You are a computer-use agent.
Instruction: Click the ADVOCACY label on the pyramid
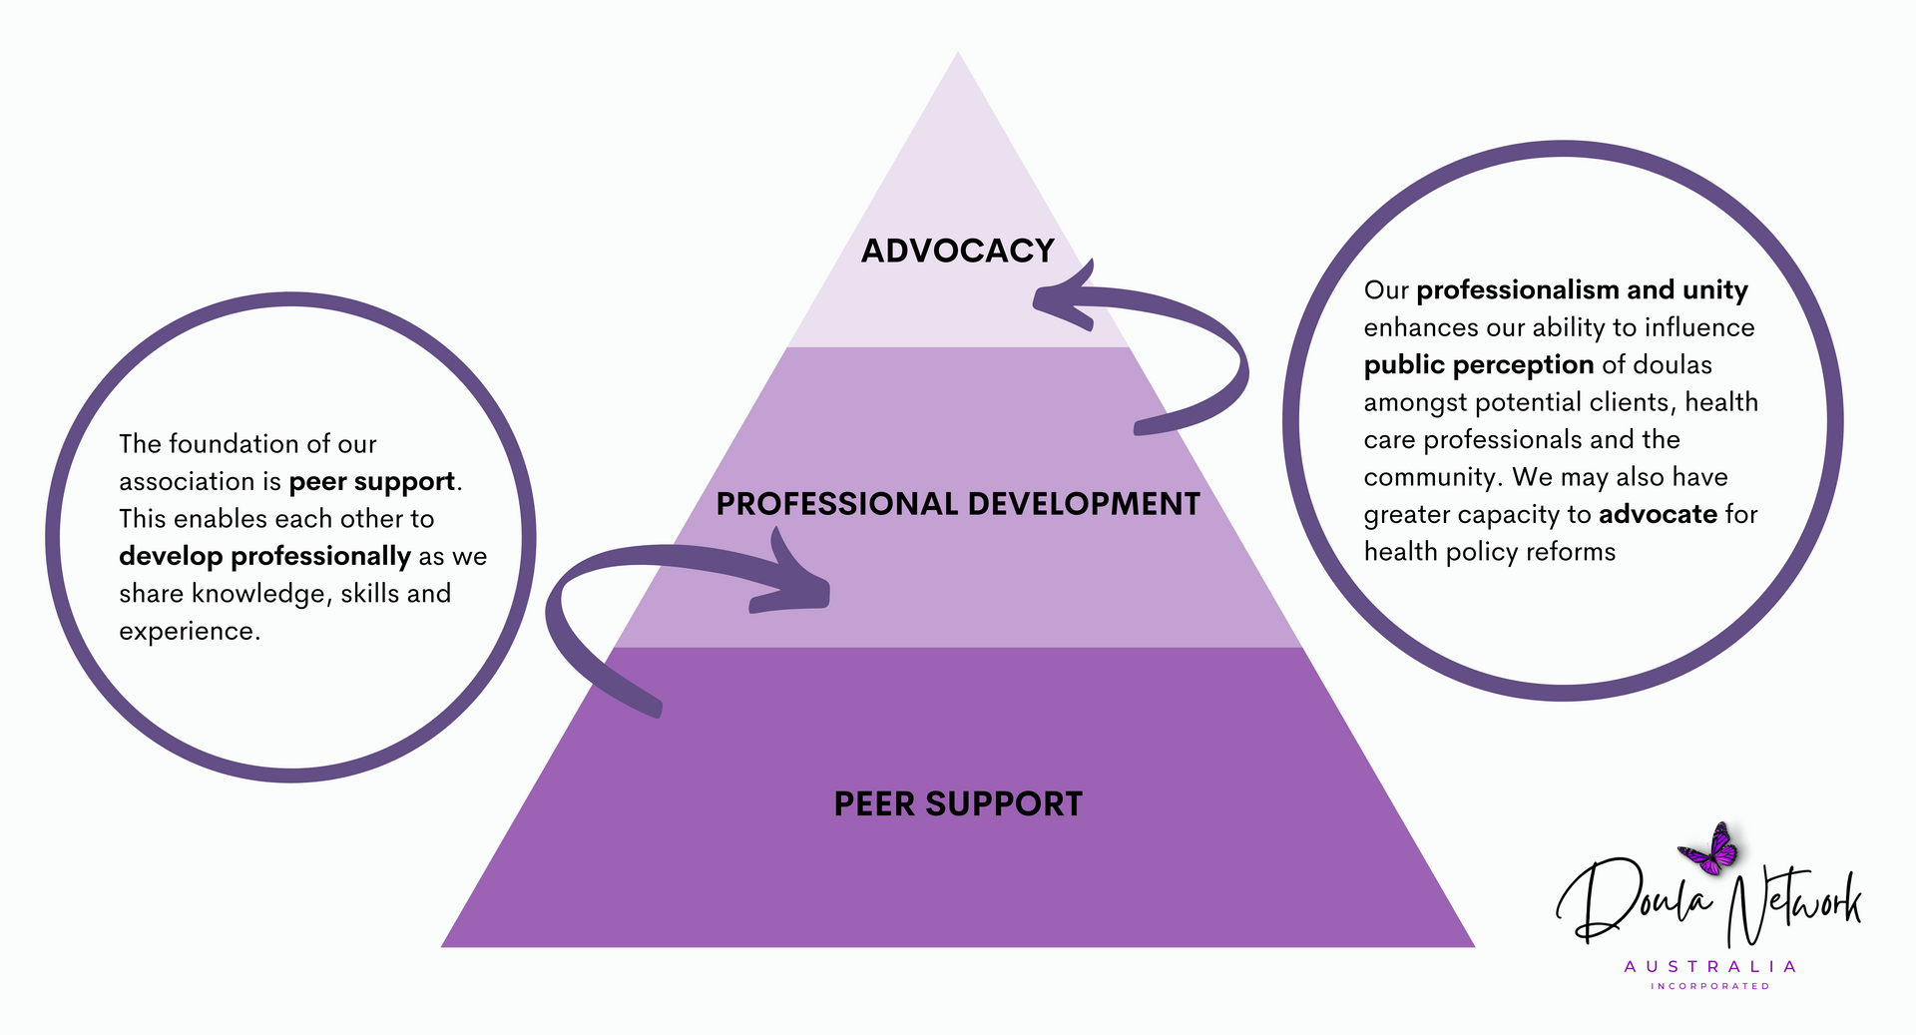(958, 251)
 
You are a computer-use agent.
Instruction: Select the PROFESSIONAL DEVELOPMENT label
(958, 504)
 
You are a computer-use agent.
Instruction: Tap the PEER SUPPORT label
(958, 804)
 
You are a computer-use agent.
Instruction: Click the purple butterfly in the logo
(1710, 848)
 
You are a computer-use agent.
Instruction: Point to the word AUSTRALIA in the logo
(1710, 966)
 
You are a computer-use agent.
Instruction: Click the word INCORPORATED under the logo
(1710, 986)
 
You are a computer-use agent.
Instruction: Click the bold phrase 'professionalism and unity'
(1582, 290)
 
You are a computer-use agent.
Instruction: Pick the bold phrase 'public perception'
(1479, 365)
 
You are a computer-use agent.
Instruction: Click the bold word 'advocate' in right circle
(1658, 514)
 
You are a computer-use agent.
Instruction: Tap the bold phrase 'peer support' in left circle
(372, 482)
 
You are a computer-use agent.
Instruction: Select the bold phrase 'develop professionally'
(265, 556)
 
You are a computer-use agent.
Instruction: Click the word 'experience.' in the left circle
(190, 632)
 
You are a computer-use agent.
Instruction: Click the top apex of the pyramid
(958, 52)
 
